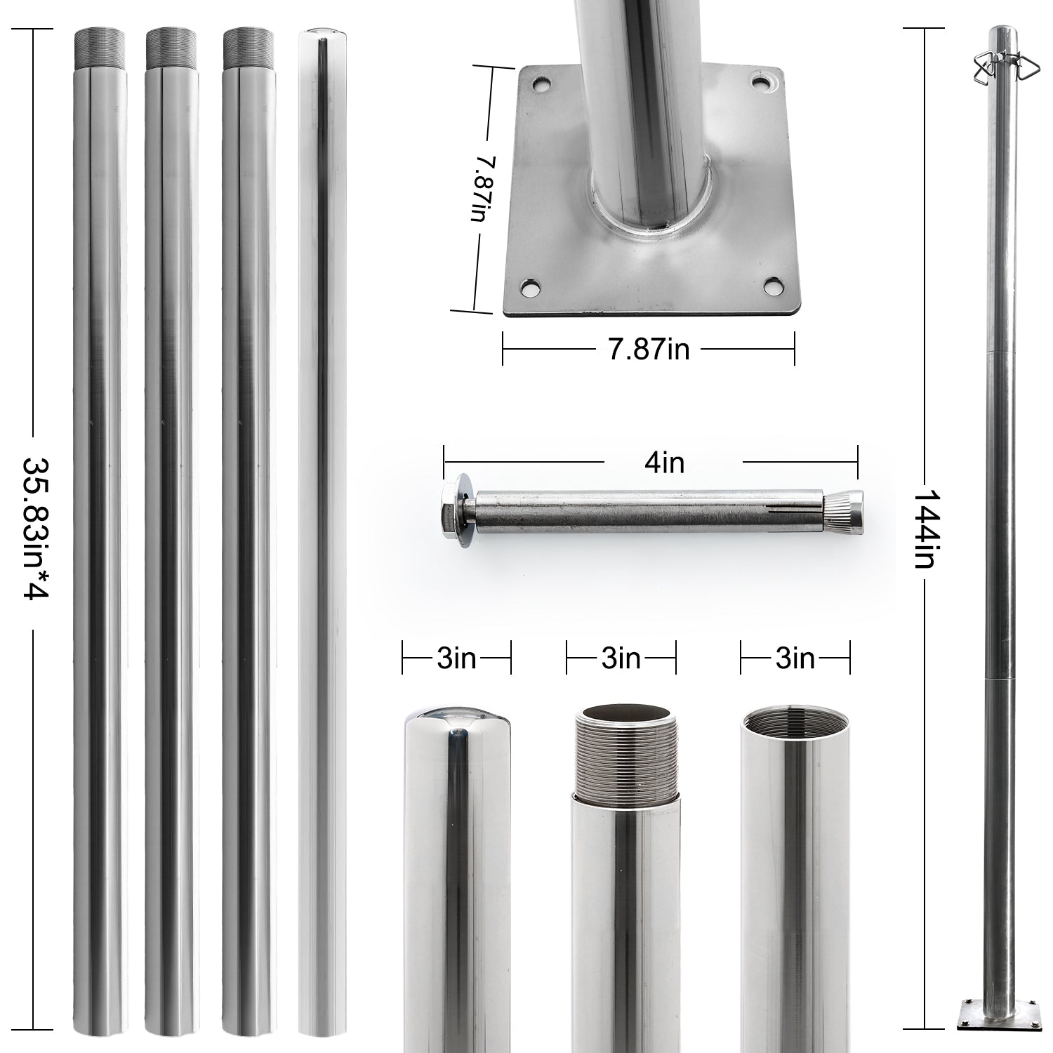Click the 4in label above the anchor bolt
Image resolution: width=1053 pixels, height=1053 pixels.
pyautogui.click(x=663, y=463)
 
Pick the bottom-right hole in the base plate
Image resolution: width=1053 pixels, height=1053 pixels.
pyautogui.click(x=772, y=287)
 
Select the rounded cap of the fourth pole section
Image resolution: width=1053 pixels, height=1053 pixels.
pyautogui.click(x=322, y=36)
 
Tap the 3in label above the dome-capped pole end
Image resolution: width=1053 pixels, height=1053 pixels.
pyautogui.click(x=456, y=659)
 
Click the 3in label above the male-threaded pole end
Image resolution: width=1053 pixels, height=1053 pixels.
pyautogui.click(x=621, y=659)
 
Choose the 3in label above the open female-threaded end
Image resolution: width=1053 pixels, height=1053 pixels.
pyautogui.click(x=795, y=659)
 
